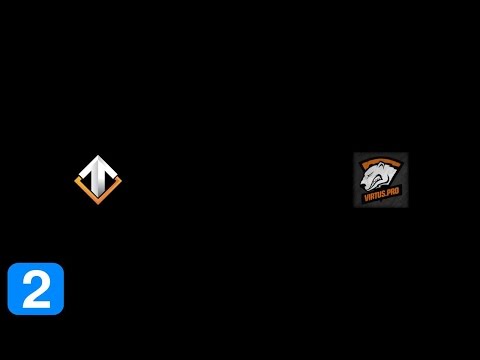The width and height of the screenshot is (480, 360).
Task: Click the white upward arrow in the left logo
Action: [x=98, y=171]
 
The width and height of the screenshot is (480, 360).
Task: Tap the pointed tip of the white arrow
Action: [x=98, y=157]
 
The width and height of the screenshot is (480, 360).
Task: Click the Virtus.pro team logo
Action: [x=381, y=179]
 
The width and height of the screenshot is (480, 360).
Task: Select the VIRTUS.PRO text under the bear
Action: [x=381, y=196]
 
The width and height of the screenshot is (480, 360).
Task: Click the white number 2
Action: [x=36, y=289]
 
